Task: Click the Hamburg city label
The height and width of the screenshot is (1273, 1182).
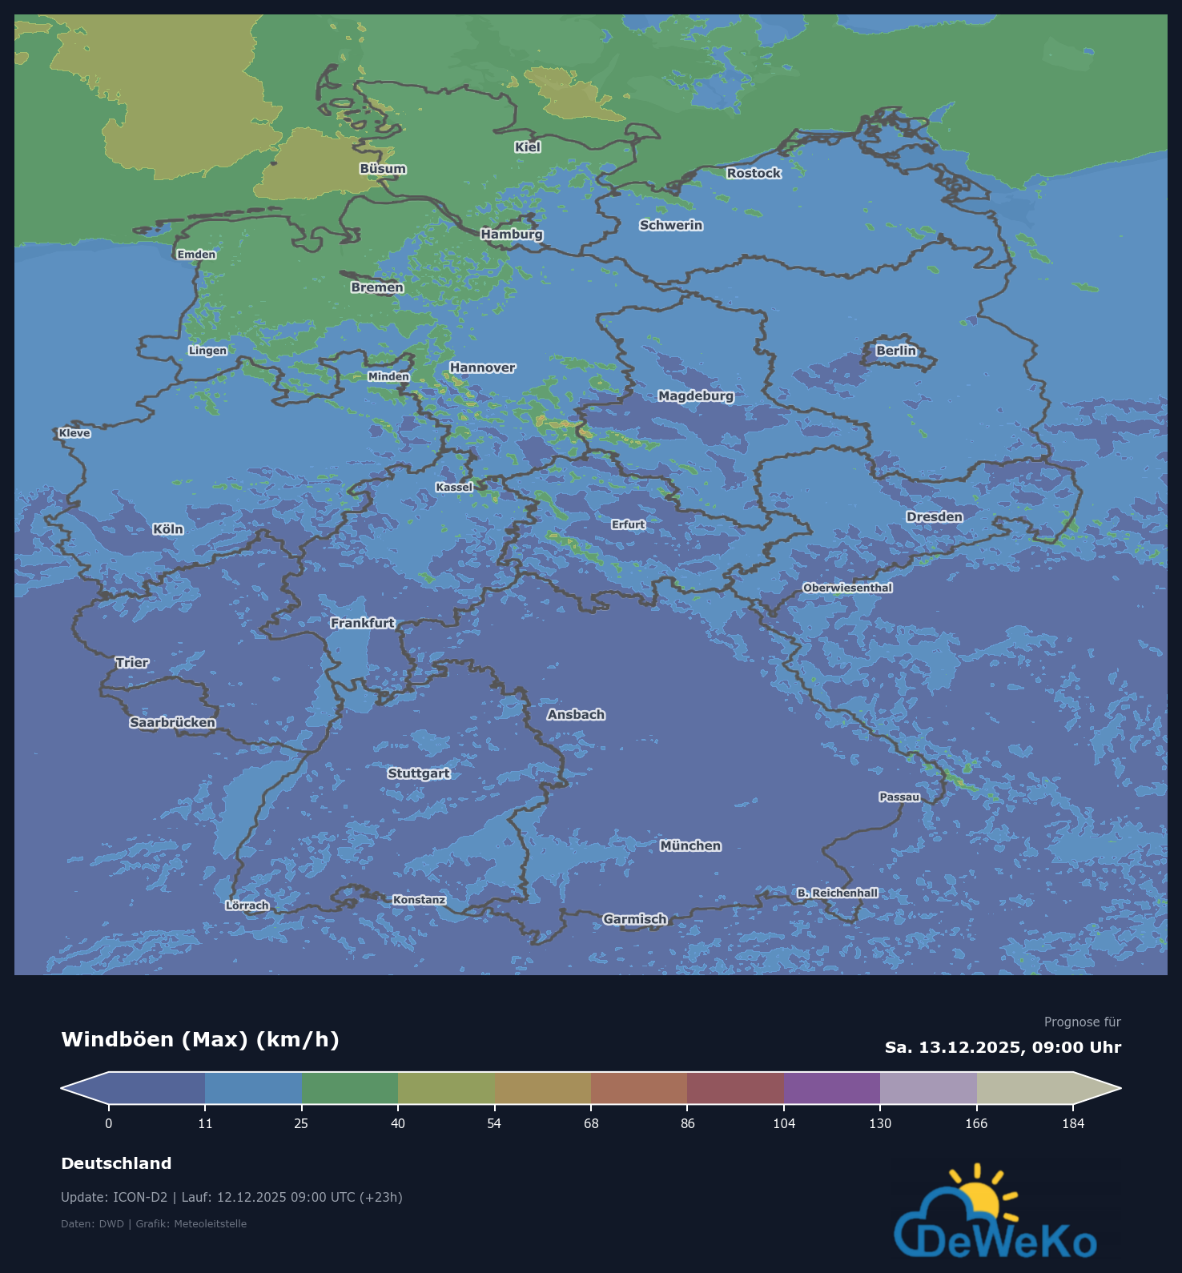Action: [512, 234]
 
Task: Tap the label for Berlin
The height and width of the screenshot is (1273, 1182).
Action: [895, 351]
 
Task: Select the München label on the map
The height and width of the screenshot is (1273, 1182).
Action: [690, 845]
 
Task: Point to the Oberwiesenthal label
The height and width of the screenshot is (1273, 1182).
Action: [847, 588]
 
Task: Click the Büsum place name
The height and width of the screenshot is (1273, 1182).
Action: [383, 169]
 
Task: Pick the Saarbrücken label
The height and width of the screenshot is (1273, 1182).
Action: [173, 722]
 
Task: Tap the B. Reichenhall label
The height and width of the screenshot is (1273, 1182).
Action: [837, 893]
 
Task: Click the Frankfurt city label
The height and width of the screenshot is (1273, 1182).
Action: [363, 623]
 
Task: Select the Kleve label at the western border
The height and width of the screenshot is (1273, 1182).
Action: [74, 433]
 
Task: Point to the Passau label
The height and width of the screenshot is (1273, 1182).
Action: [899, 797]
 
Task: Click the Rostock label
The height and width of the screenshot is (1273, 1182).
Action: [754, 173]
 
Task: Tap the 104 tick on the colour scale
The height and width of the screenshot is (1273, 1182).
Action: [784, 1123]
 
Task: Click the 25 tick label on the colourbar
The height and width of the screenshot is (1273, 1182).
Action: [301, 1123]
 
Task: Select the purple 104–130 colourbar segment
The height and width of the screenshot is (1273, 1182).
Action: [832, 1088]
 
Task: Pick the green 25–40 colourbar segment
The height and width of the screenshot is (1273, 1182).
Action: [350, 1088]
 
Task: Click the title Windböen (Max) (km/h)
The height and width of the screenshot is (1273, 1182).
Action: [200, 1039]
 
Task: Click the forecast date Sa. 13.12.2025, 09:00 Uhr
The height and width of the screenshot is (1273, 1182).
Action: [1003, 1047]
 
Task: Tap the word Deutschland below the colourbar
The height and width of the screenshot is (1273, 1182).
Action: [116, 1163]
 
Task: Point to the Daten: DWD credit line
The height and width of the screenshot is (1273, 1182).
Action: [154, 1223]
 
